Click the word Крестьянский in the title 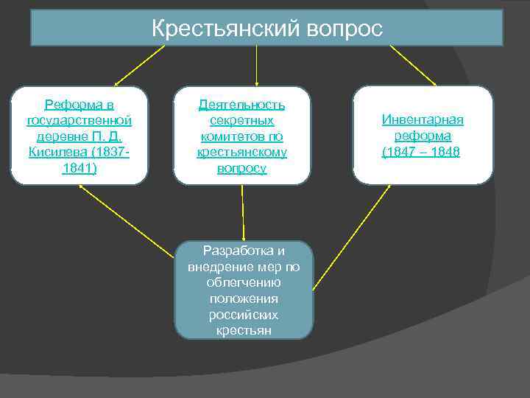point(222,29)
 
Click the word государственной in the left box point(79,120)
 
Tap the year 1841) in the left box point(79,167)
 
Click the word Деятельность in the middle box point(242,105)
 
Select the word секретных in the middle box point(242,121)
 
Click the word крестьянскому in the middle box point(242,152)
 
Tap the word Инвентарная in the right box point(423,120)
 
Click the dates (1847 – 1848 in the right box point(421,152)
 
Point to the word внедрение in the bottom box point(216,266)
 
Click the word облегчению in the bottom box point(244,282)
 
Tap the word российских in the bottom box point(244,315)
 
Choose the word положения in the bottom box point(244,298)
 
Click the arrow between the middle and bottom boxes point(243,214)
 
